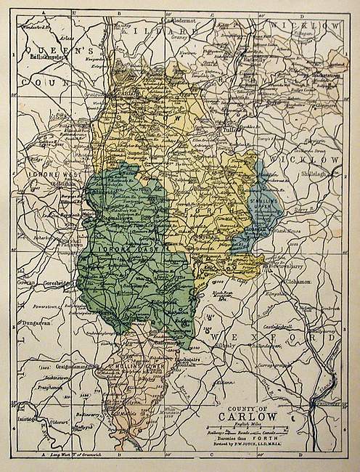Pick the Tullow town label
[230, 131]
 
